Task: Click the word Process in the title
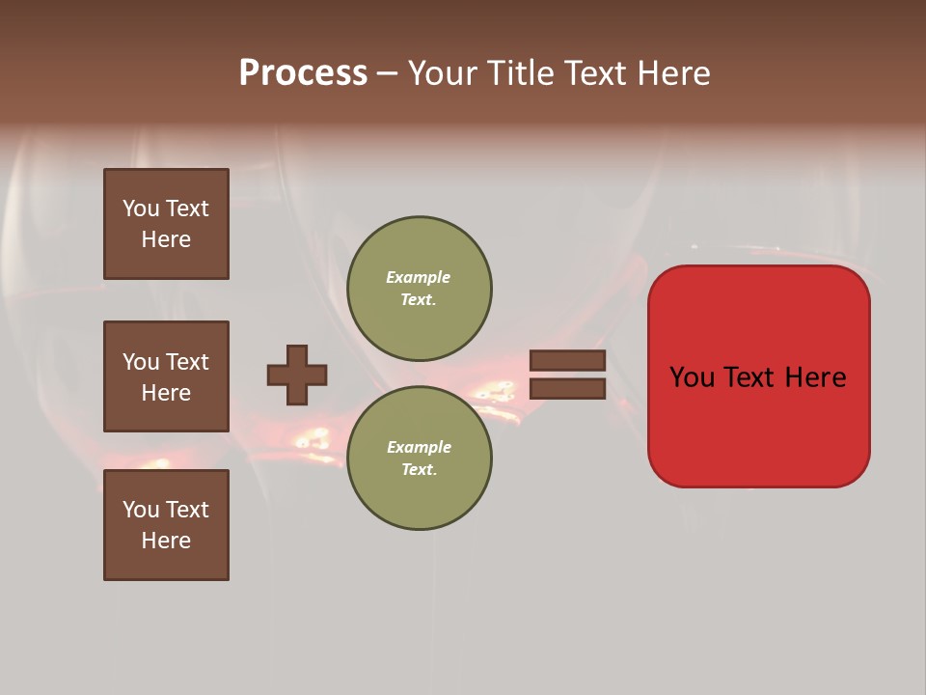[x=303, y=73]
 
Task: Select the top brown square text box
[x=166, y=224]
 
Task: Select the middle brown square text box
[x=166, y=376]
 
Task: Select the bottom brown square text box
[x=166, y=525]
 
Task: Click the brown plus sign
[x=296, y=375]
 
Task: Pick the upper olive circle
[x=419, y=289]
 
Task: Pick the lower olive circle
[x=419, y=459]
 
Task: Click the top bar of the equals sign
[x=567, y=361]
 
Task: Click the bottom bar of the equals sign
[x=567, y=389]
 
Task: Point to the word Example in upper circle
[x=419, y=277]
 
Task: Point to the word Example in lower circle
[x=419, y=447]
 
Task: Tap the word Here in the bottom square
[x=166, y=541]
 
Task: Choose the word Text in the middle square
[x=186, y=362]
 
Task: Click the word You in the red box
[x=691, y=377]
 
